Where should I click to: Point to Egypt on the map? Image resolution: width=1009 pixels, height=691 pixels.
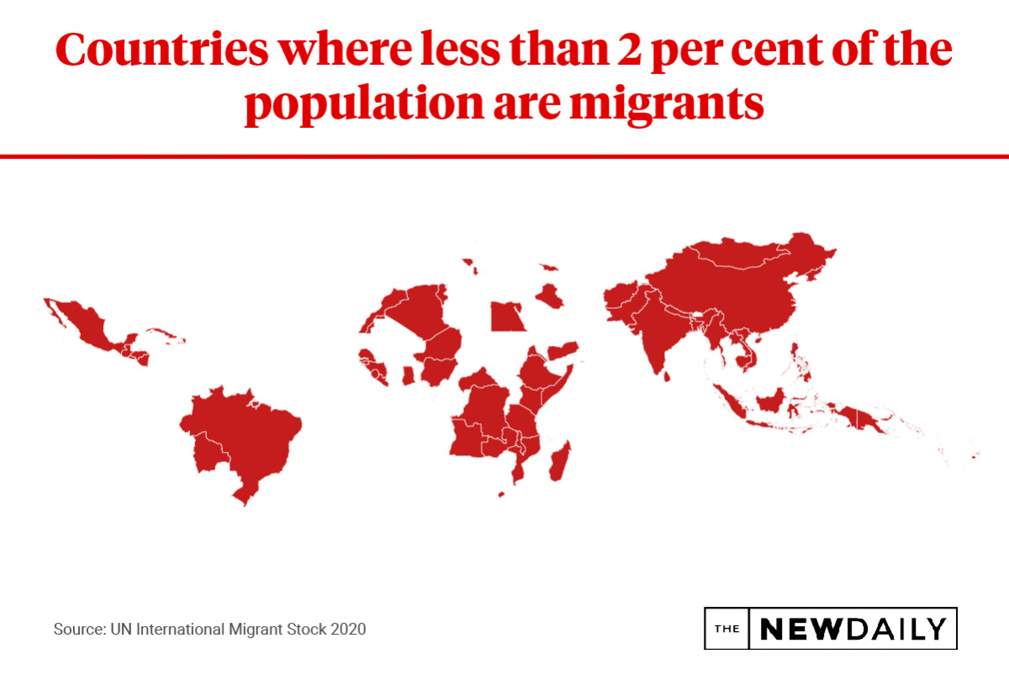click(507, 317)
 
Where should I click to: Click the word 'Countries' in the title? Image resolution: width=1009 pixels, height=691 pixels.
click(159, 50)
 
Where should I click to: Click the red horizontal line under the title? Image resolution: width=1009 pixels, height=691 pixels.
click(504, 156)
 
